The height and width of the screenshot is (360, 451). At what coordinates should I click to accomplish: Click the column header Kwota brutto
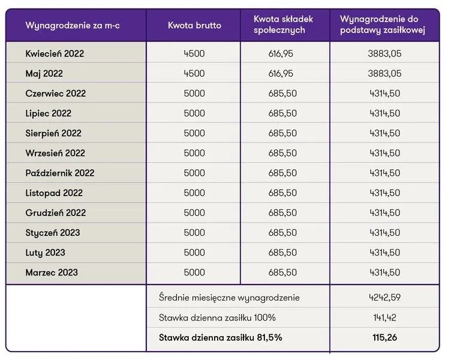point(194,25)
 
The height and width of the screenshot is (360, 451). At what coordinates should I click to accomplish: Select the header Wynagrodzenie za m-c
point(73,25)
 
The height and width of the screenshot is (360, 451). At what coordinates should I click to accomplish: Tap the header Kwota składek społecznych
point(283,25)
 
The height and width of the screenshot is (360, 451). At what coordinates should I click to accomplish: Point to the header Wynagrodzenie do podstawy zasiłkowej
point(383,25)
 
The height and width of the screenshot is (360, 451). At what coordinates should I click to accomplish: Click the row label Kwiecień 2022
point(55,53)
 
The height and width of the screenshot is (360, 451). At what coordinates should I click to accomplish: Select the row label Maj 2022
point(44,74)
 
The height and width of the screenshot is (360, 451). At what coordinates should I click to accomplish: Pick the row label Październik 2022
point(60,173)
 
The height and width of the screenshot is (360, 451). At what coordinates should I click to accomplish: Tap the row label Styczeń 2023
point(53,233)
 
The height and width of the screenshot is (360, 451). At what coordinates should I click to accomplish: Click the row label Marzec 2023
point(52,272)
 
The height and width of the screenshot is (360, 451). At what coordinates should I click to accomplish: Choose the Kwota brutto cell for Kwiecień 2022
point(194,53)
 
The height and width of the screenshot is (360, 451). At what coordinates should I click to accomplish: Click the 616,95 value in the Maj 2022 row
point(281,74)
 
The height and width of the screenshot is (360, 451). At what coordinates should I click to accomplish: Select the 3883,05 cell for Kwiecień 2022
point(384,53)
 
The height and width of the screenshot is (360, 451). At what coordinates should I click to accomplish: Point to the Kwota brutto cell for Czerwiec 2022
point(194,94)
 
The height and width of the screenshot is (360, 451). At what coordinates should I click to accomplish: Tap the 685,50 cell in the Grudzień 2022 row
point(282,213)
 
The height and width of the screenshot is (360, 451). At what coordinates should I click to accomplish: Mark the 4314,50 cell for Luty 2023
point(385,253)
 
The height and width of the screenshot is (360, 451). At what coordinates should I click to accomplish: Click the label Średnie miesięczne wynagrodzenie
point(229,298)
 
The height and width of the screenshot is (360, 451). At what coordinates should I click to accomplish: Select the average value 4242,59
point(385,298)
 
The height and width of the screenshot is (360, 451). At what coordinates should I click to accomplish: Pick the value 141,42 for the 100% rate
point(385,317)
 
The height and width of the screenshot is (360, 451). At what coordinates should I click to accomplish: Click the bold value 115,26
point(385,338)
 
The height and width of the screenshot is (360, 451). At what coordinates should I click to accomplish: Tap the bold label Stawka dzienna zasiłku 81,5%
point(220,338)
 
